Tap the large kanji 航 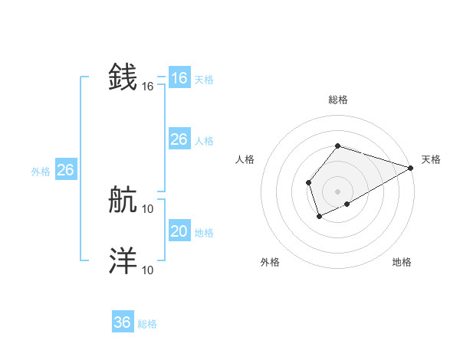coord(123,201)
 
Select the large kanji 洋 coord(123,261)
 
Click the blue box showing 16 coord(179,78)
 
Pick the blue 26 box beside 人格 coord(179,139)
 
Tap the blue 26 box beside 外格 coord(66,170)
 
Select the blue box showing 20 coord(179,231)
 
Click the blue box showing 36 coord(123,322)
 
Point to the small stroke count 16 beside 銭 coord(148,87)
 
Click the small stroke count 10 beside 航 coord(148,208)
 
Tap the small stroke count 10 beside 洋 coord(148,270)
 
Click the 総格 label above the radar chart coord(337,100)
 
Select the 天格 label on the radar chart coord(431,159)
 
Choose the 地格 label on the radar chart coord(402,262)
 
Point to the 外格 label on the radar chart coord(270,262)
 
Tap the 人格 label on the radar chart coord(245,159)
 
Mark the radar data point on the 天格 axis coord(411,168)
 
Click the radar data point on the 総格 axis coord(337,146)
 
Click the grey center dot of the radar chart coord(337,191)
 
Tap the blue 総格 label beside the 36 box coord(147,324)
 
